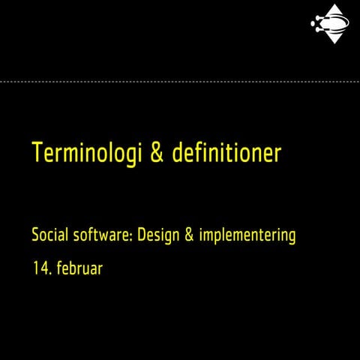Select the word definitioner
pyautogui.click(x=226, y=152)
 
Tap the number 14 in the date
pyautogui.click(x=39, y=267)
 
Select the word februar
pyautogui.click(x=79, y=267)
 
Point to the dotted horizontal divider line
pyautogui.click(x=180, y=80)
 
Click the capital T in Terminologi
pyautogui.click(x=37, y=152)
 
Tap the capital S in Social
pyautogui.click(x=35, y=235)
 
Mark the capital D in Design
pyautogui.click(x=142, y=235)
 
